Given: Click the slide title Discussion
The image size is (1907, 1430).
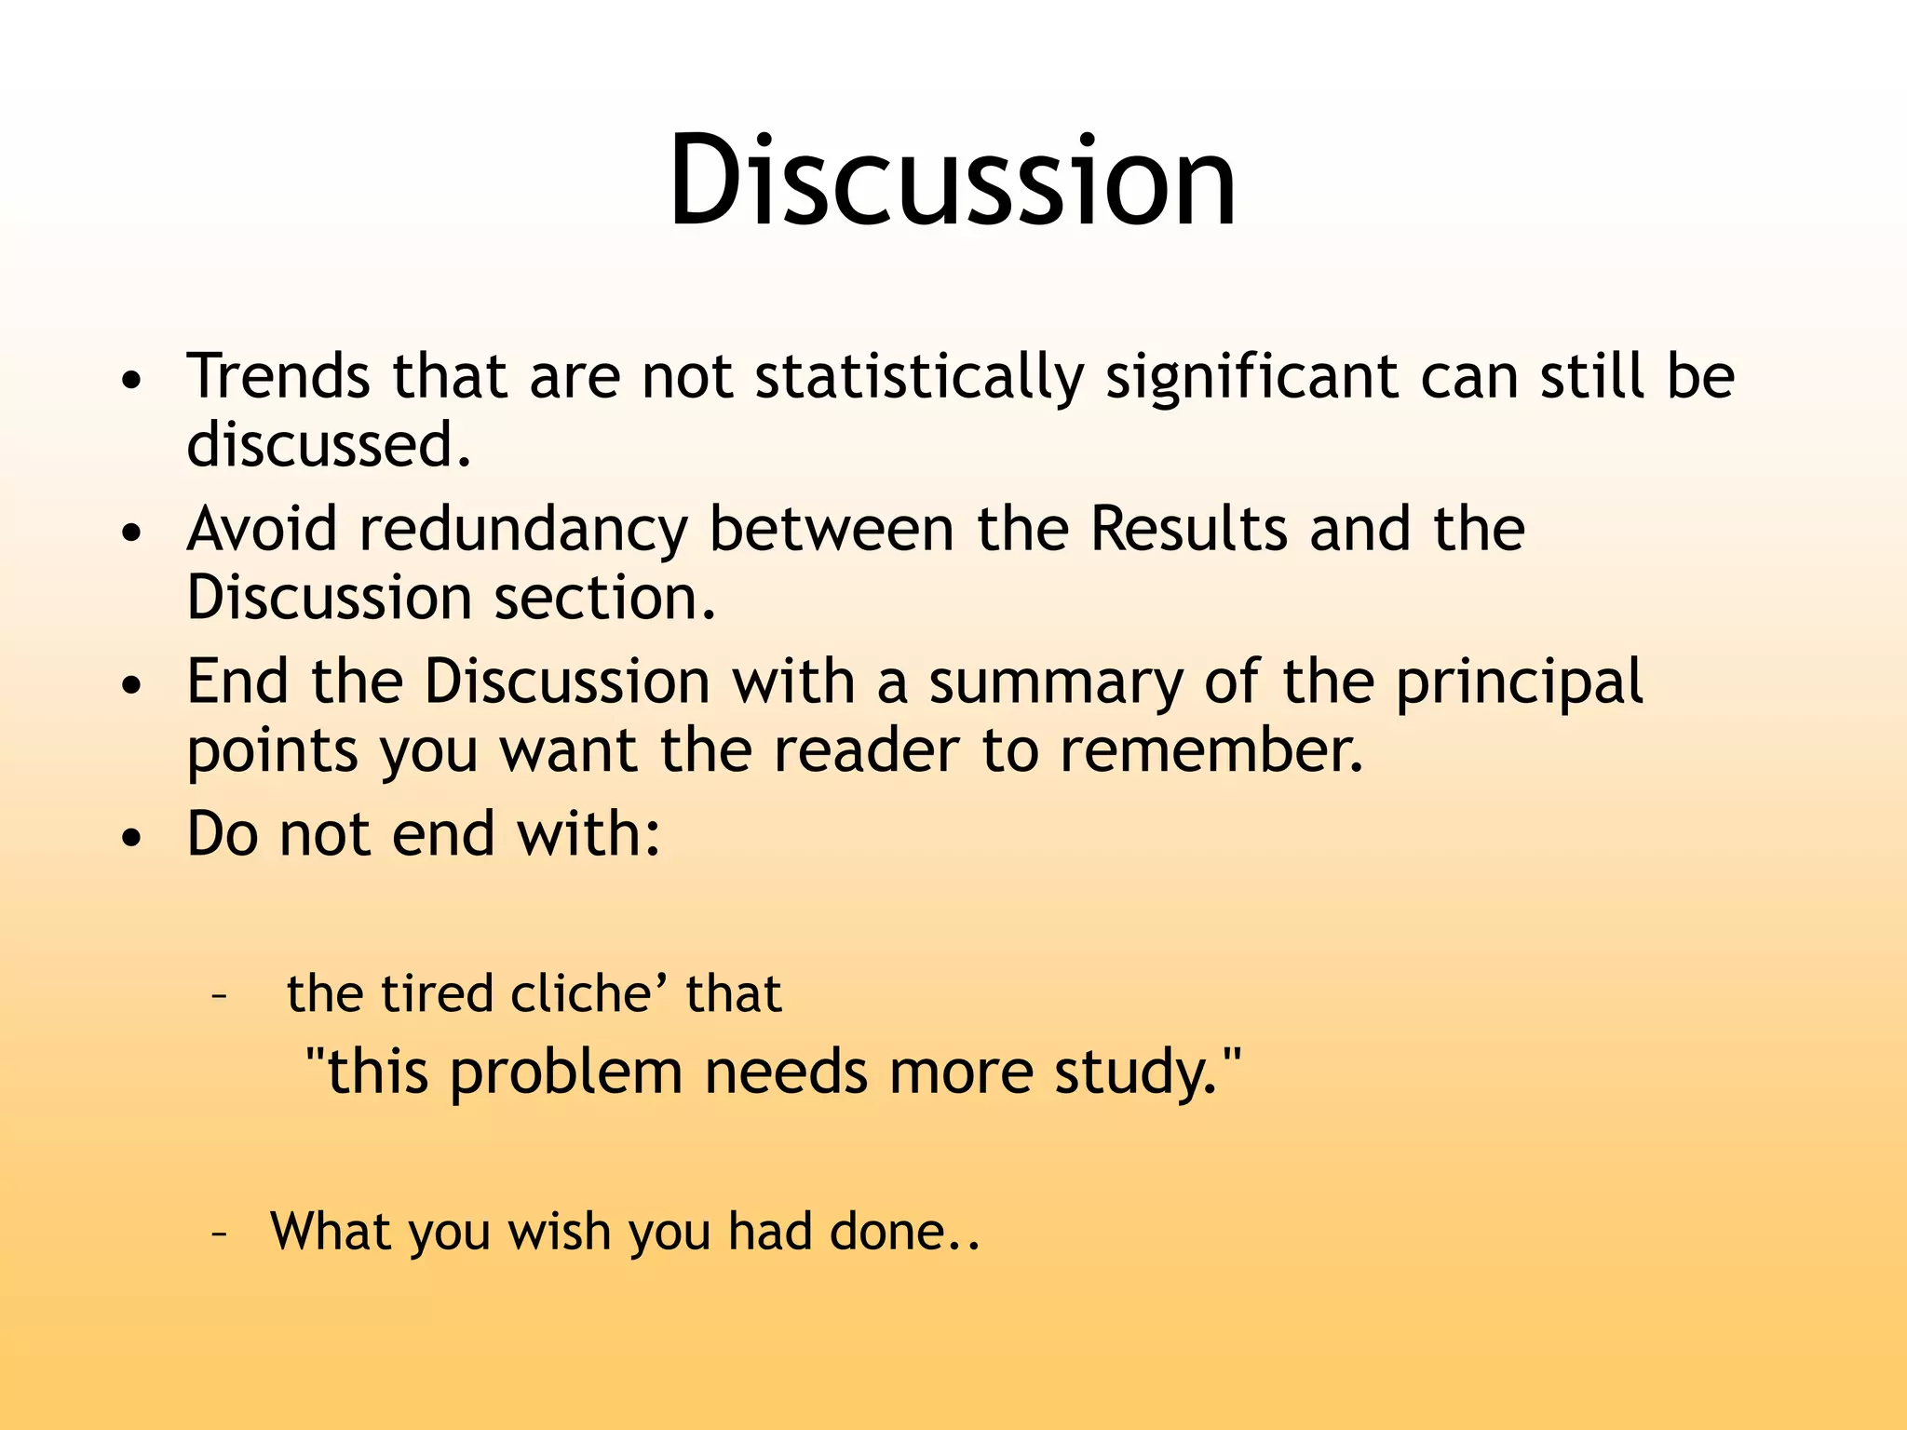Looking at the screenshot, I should click(952, 181).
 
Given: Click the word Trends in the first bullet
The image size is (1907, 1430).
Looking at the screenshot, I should click(277, 377).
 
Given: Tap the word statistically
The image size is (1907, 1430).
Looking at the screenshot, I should click(919, 377).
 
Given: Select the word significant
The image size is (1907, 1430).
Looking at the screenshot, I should click(1251, 377).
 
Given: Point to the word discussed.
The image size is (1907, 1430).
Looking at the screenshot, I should click(328, 445).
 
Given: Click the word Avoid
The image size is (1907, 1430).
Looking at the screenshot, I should click(262, 530).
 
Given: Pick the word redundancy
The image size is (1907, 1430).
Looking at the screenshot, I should click(523, 530).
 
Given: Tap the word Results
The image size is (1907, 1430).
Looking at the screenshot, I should click(1188, 530).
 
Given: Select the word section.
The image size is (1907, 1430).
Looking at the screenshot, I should click(605, 598).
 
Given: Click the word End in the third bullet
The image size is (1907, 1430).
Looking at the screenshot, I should click(237, 681).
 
